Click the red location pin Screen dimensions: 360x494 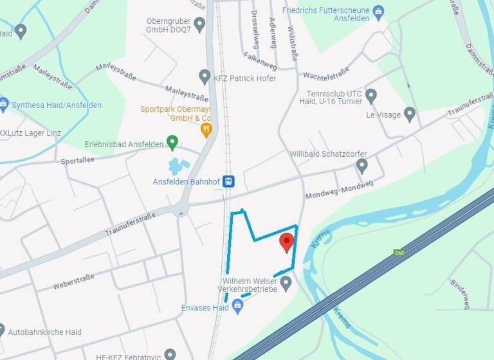(x=287, y=243)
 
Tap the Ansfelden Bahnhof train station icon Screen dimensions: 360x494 (x=229, y=182)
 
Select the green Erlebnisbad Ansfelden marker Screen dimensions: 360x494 (x=172, y=142)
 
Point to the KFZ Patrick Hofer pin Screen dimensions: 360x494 (x=205, y=77)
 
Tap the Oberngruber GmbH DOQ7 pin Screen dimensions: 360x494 (x=199, y=24)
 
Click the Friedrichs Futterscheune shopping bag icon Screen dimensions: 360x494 (x=378, y=11)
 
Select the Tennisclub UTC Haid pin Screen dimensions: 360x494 (x=370, y=96)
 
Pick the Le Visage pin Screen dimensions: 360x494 (x=410, y=114)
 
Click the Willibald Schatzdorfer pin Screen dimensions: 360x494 (x=362, y=166)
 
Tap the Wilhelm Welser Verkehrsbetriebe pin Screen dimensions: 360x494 (x=286, y=283)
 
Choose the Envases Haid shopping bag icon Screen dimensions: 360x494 (x=237, y=307)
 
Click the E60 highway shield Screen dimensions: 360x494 (x=399, y=253)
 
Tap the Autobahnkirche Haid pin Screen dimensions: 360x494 (x=1, y=332)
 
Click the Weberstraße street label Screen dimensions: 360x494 (x=74, y=280)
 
